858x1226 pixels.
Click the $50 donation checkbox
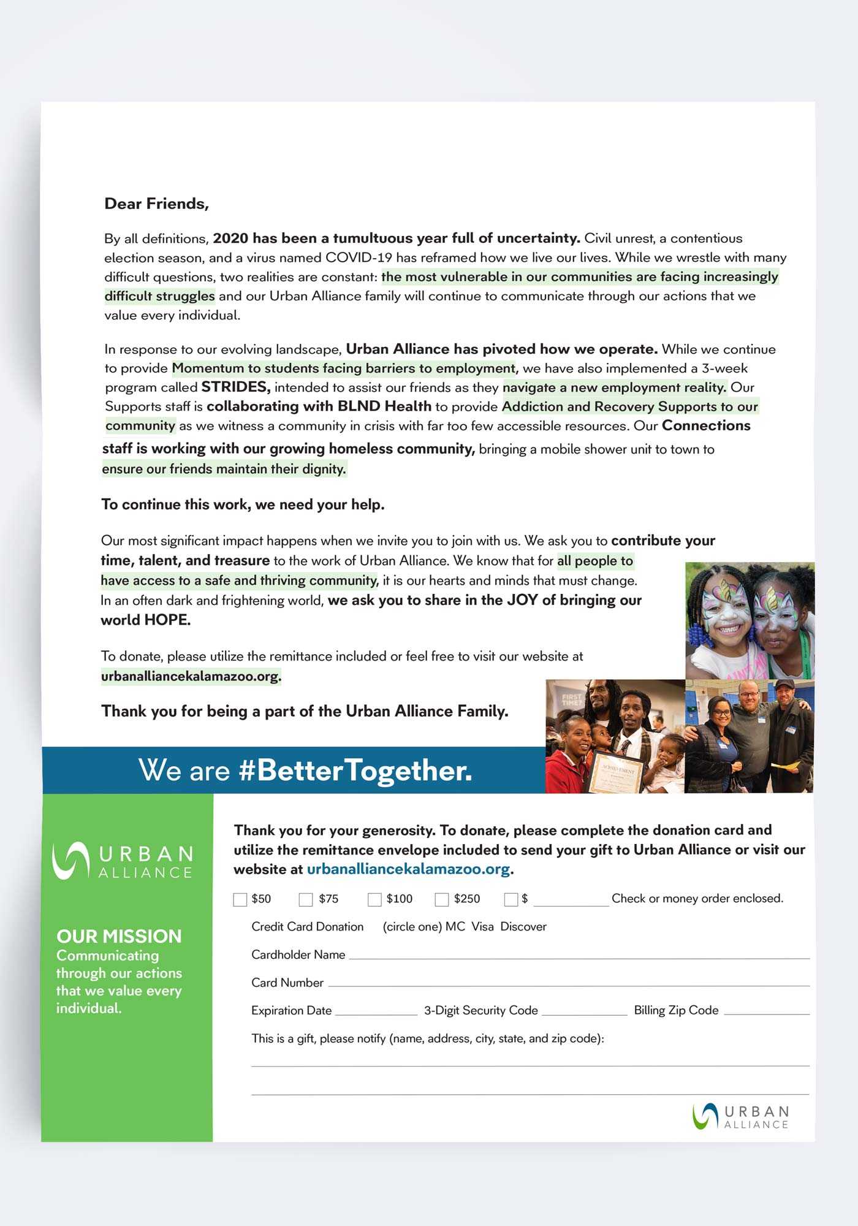(x=240, y=899)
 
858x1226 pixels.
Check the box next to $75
(x=305, y=899)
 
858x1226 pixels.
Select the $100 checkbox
(x=374, y=899)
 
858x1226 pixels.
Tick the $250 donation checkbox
(x=441, y=899)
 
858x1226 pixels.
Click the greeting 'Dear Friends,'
(x=156, y=204)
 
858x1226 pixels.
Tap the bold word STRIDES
(x=235, y=387)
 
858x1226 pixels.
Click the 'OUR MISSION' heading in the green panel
(x=119, y=936)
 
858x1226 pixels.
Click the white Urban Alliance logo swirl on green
(x=70, y=859)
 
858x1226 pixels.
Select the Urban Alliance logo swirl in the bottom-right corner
(x=705, y=1116)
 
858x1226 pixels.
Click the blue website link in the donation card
(x=408, y=869)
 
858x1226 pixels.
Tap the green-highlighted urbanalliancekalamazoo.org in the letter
(x=191, y=676)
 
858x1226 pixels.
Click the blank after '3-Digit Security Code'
(x=584, y=1013)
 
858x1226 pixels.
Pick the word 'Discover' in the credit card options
(x=523, y=926)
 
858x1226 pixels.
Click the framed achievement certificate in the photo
(x=616, y=774)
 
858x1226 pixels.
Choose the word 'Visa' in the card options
(x=482, y=926)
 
